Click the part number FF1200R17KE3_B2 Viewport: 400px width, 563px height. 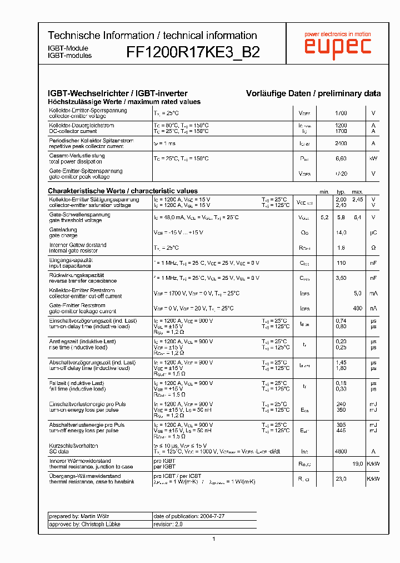[193, 52]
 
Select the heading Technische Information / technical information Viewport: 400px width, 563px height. [152, 35]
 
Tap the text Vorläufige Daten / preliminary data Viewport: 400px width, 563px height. [313, 93]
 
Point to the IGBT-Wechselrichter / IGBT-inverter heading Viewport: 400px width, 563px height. [118, 93]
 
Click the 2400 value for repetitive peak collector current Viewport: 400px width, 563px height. [341, 144]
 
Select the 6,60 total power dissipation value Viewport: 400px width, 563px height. [341, 159]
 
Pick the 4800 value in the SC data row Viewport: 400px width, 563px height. [341, 451]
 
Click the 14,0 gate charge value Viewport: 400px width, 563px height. [341, 233]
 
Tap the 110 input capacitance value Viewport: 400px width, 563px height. [341, 263]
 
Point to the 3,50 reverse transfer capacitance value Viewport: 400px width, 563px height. [341, 278]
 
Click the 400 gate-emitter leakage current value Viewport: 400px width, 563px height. [357, 308]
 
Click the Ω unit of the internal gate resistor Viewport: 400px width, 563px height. [373, 248]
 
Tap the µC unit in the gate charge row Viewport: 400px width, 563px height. [373, 233]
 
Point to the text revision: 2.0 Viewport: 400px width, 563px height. [168, 524]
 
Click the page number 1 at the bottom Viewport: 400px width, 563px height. [214, 539]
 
